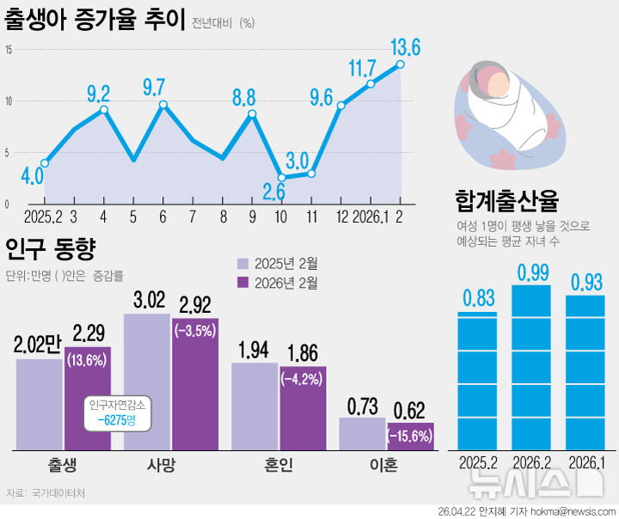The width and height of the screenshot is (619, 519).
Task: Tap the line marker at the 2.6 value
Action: pos(281,178)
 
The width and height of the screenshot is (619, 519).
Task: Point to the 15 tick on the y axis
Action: pos(8,50)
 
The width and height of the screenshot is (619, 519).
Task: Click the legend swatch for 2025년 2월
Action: pos(243,263)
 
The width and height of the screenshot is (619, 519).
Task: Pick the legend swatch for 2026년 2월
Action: pos(243,283)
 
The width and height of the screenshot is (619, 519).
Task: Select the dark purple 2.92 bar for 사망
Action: pos(195,387)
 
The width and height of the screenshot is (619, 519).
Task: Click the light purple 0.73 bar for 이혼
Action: pos(362,434)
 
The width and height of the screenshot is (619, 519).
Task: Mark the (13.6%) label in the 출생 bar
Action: pos(88,360)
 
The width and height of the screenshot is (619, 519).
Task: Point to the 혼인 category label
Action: pos(279,465)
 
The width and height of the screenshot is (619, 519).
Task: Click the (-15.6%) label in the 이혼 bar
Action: pos(410,437)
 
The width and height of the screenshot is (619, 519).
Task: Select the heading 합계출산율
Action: pos(506,201)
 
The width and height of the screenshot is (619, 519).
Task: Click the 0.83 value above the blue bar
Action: pos(478,298)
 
